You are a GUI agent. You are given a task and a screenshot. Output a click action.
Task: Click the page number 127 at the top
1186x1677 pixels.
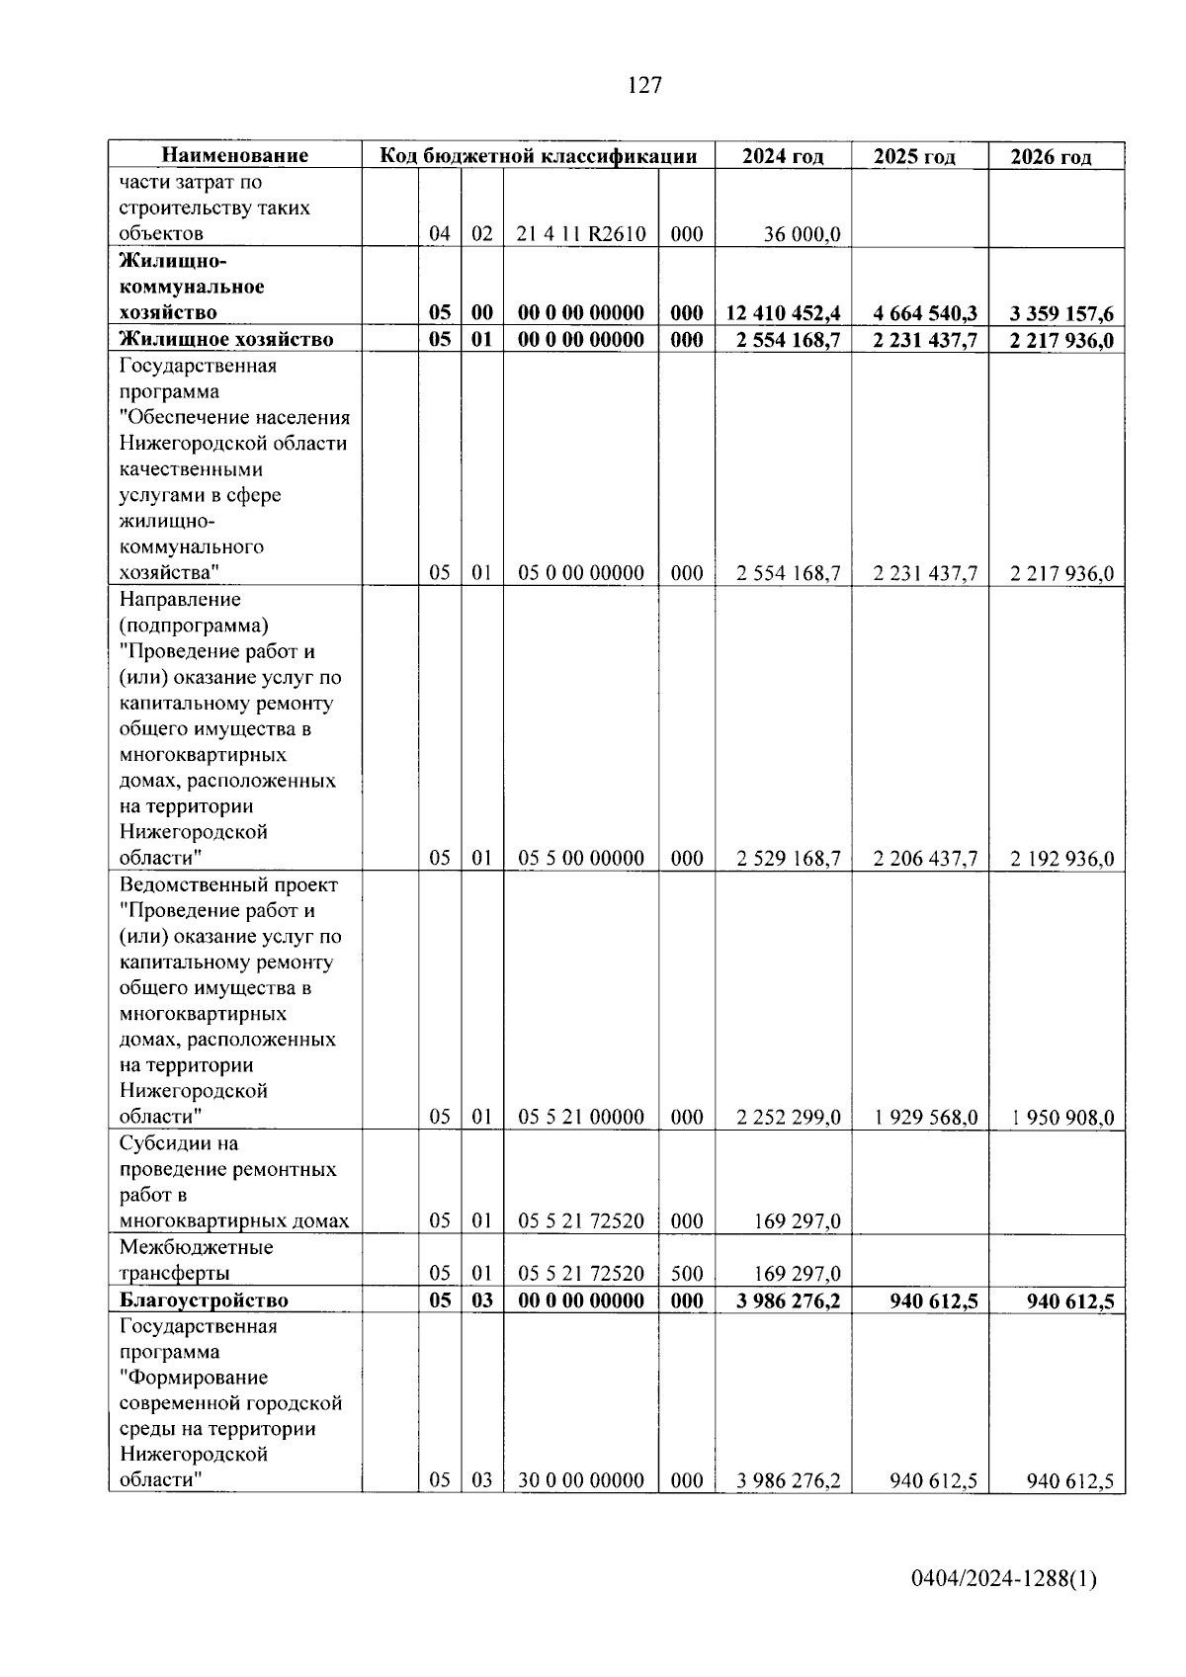coord(644,85)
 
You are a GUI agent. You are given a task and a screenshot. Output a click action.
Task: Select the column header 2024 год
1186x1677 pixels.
coord(783,156)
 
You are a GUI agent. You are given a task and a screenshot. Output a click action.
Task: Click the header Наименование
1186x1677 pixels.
coord(234,155)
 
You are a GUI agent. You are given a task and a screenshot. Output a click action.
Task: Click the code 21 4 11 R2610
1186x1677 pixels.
coord(580,234)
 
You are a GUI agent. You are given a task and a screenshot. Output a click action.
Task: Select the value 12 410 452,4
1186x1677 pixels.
coord(783,313)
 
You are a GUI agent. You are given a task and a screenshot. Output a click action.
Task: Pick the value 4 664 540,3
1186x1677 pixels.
coord(925,313)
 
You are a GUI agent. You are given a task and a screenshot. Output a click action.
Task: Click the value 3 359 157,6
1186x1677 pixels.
coord(1061,314)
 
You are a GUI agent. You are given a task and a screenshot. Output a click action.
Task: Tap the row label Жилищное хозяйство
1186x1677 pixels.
coord(226,339)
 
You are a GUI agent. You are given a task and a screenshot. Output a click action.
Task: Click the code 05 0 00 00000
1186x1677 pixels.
coord(580,573)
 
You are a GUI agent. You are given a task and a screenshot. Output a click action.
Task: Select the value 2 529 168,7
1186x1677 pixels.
coord(788,858)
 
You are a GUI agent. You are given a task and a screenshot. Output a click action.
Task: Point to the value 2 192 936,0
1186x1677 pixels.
coord(1061,859)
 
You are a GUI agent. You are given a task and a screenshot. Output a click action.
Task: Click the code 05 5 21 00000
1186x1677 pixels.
coord(580,1117)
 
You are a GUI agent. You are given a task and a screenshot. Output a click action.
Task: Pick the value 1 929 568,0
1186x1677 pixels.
coord(925,1118)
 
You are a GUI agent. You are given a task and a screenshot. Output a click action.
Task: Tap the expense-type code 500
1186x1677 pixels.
coord(687,1273)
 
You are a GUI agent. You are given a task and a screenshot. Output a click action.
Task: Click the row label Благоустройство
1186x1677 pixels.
coord(204,1300)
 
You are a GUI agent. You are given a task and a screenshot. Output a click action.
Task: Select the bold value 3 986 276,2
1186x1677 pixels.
coord(788,1300)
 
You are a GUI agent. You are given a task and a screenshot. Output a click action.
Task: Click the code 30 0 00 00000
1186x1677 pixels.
coord(580,1480)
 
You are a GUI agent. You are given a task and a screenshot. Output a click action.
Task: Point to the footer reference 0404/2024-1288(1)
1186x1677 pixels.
coord(1003,1580)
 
